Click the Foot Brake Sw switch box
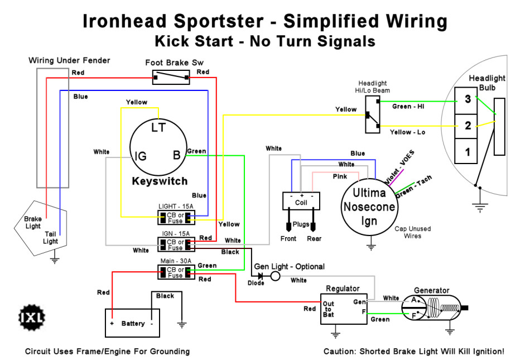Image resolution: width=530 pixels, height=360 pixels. pos(171,78)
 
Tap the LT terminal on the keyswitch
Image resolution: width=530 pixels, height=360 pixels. pos(159,128)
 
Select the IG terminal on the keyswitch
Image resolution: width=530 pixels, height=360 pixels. pos(141,156)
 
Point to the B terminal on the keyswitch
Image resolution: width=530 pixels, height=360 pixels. pos(177,156)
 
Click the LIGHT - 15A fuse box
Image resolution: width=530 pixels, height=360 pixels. pos(176,217)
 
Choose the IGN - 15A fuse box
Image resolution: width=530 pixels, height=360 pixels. pos(176,244)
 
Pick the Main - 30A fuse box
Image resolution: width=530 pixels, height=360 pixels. pos(176,272)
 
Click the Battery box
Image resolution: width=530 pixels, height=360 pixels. pos(133,323)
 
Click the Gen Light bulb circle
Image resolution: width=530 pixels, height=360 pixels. pos(276,276)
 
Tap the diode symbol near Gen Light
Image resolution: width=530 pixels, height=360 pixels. pos(260,276)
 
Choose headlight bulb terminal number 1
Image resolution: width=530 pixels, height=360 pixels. pos(468,151)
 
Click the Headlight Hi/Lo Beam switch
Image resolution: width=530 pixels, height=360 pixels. pos(372,114)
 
